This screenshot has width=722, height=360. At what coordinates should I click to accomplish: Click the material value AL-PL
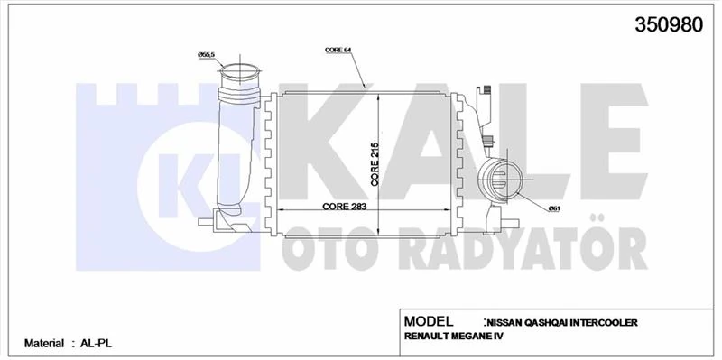pos(95,344)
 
